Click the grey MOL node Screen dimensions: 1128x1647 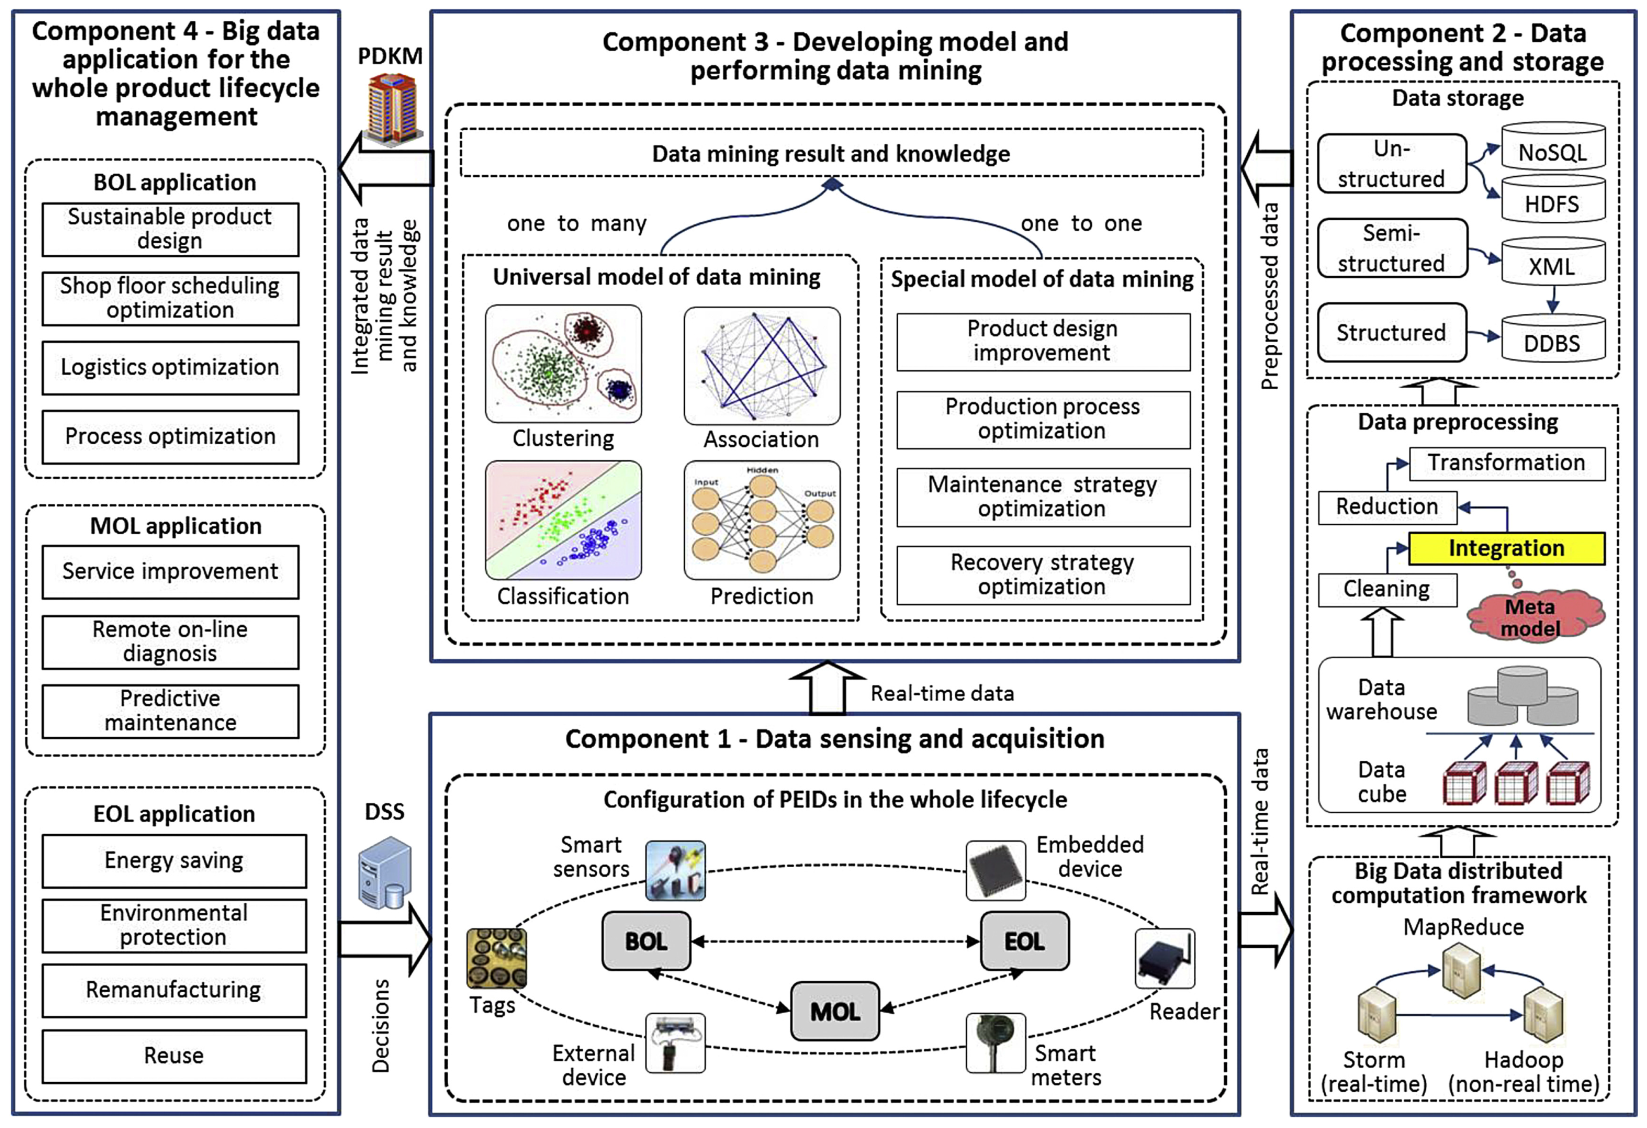pos(835,1011)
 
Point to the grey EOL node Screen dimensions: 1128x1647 pos(1024,941)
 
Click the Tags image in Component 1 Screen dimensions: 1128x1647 pos(496,958)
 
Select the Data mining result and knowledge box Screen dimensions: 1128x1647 pos(831,153)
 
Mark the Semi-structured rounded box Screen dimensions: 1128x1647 pos(1391,248)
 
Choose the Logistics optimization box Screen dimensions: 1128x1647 pos(170,367)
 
